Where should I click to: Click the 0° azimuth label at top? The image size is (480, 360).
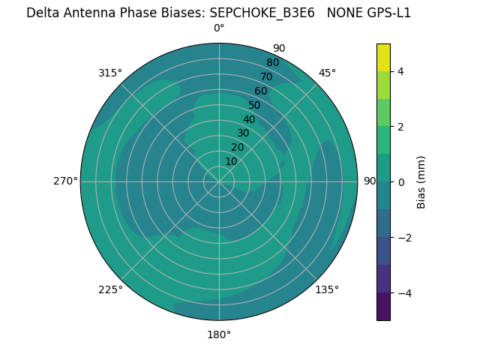coord(219,28)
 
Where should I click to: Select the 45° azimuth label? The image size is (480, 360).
coord(327,73)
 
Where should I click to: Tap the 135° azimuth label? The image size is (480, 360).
coord(327,289)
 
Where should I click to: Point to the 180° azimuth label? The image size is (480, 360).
coord(219,334)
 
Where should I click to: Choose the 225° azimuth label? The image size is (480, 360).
coord(110,289)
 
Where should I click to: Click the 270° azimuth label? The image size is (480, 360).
coord(65,181)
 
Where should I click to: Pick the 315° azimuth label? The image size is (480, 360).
coord(110,73)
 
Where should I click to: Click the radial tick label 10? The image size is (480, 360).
coord(231,161)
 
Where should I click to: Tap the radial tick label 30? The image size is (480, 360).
coord(243,133)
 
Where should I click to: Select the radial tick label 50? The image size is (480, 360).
coord(255,106)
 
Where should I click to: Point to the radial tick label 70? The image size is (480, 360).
coord(267,77)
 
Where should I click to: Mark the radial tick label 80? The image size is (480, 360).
coord(273,63)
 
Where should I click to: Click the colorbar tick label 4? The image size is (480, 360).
coord(400,71)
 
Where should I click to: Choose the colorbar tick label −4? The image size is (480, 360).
coord(403,293)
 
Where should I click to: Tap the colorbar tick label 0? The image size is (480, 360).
coord(400,182)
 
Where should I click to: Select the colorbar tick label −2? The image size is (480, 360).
coord(403,238)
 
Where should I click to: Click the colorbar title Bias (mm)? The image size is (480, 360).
coord(421,182)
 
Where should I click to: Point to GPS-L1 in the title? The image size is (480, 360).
coord(385,13)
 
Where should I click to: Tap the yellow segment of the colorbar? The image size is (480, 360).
coord(383,57)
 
